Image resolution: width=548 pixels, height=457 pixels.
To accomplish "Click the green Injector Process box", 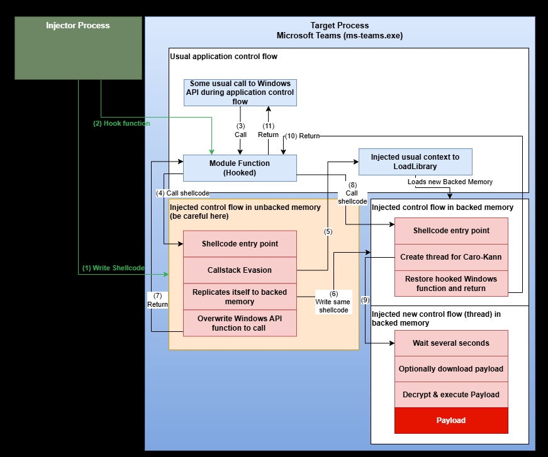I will [78, 48].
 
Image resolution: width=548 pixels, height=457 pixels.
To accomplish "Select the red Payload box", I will [451, 421].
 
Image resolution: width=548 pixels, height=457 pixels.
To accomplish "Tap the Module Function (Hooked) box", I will [240, 168].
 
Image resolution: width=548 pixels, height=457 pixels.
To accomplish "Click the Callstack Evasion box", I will [240, 270].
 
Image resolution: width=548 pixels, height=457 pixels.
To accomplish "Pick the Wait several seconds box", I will [451, 343].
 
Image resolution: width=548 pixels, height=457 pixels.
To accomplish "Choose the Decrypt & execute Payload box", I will [451, 395].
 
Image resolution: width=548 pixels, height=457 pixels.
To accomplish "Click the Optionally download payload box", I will [451, 369].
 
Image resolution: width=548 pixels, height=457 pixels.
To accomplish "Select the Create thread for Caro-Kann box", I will [451, 256].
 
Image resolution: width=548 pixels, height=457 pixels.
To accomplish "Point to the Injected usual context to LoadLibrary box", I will [415, 162].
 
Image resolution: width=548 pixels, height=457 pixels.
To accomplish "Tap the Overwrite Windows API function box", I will [240, 323].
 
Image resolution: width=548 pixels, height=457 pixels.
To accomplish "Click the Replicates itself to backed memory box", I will [240, 297].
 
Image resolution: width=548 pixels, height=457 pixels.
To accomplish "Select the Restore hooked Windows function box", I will [451, 284].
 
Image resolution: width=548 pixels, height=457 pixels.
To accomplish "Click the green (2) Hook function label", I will [121, 124].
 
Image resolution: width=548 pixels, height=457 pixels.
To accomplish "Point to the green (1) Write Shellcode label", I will [113, 268].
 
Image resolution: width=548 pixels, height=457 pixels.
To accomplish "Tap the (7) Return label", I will [157, 300].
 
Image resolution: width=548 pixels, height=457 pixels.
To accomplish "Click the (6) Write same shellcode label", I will [333, 302].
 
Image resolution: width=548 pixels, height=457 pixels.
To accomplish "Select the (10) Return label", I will [303, 136].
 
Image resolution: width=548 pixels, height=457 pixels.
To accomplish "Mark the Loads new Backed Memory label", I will [450, 182].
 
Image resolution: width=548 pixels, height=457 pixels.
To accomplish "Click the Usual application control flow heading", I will [223, 57].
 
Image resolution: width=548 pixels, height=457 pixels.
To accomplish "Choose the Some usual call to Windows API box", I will [240, 92].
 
